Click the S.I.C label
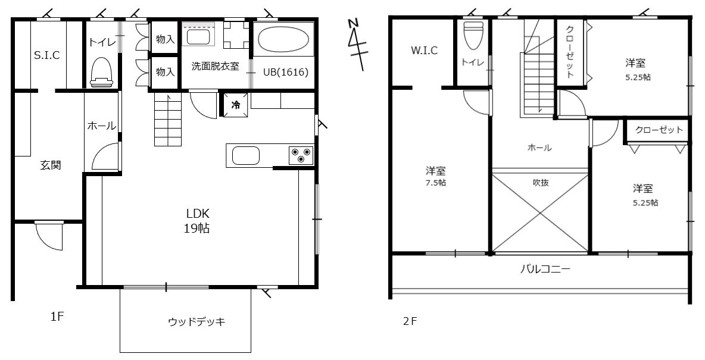click(x=47, y=55)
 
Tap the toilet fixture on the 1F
click(x=101, y=72)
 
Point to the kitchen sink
click(x=245, y=156)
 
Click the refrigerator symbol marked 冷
click(x=235, y=105)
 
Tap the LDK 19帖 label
click(x=197, y=221)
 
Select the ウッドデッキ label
click(x=196, y=322)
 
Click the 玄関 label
click(x=51, y=165)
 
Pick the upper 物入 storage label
click(x=165, y=39)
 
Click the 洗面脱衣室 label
click(x=216, y=67)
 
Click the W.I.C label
click(x=424, y=51)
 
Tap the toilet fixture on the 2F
click(x=473, y=36)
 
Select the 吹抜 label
click(x=541, y=183)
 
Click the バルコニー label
click(x=545, y=269)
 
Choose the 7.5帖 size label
click(x=436, y=183)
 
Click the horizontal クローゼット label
click(x=659, y=130)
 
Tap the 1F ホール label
click(x=102, y=126)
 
